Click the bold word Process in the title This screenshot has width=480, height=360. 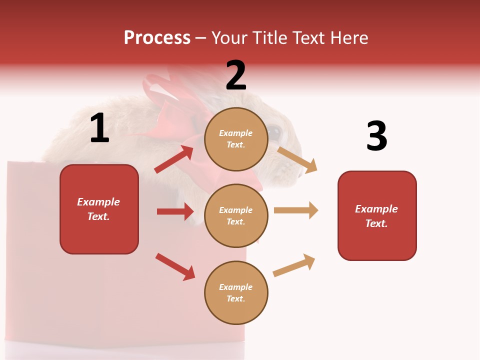pyautogui.click(x=157, y=37)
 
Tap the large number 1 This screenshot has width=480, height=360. pyautogui.click(x=99, y=128)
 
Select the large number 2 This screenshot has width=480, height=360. pyautogui.click(x=236, y=75)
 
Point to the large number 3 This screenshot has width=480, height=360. pyautogui.click(x=376, y=136)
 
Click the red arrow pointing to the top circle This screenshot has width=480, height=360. pyautogui.click(x=174, y=159)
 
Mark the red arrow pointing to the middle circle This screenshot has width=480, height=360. pyautogui.click(x=175, y=211)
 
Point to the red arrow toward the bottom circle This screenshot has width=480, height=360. pyautogui.click(x=175, y=266)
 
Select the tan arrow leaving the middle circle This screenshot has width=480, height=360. pyautogui.click(x=296, y=210)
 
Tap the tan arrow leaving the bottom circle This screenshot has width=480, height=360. pyautogui.click(x=294, y=265)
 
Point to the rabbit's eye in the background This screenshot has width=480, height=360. pyautogui.click(x=274, y=131)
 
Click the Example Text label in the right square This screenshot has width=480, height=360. pyautogui.click(x=376, y=216)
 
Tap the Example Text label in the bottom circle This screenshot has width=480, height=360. pyautogui.click(x=236, y=293)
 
